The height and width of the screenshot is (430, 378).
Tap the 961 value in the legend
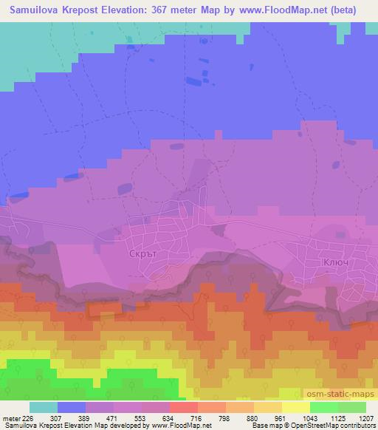tap(281, 418)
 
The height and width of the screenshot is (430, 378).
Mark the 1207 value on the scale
tap(366, 418)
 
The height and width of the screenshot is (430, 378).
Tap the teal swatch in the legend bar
tap(44, 407)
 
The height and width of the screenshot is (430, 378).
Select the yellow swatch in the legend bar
tap(295, 407)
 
